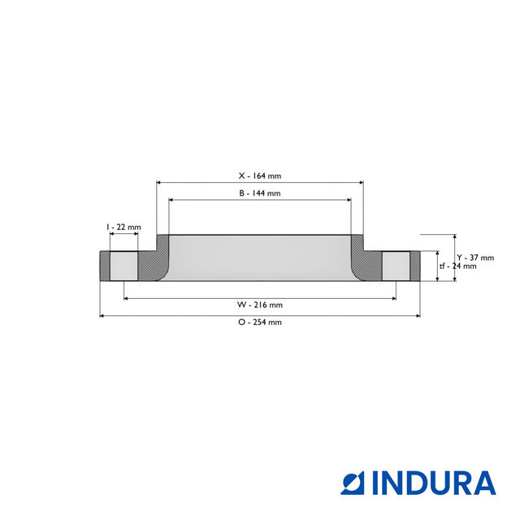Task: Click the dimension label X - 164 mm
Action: (x=259, y=175)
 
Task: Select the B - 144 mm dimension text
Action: (x=259, y=193)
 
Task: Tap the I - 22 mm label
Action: (x=123, y=227)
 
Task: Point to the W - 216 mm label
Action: (x=259, y=305)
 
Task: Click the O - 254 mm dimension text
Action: (x=259, y=322)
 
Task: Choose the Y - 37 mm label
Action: (x=475, y=258)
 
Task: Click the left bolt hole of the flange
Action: (x=123, y=266)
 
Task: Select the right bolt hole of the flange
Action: (x=396, y=266)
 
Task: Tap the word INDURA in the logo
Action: (x=434, y=483)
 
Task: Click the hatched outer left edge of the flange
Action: (x=104, y=266)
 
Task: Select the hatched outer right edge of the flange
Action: (x=415, y=266)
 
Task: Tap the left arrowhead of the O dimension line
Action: (x=102, y=315)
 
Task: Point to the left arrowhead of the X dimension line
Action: (x=158, y=183)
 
